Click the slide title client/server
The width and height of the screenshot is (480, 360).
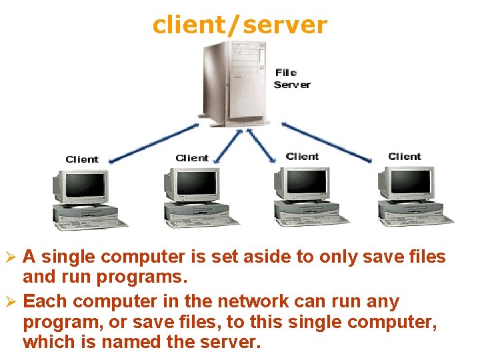[239, 25]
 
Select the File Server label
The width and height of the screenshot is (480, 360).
[292, 79]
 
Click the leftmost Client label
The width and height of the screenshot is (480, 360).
[82, 159]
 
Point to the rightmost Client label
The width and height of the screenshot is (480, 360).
[405, 157]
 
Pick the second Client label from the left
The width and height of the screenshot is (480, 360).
[192, 158]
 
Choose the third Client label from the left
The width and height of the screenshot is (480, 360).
[302, 156]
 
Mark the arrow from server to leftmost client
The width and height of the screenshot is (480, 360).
[153, 143]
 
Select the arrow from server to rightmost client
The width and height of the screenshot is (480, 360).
[327, 141]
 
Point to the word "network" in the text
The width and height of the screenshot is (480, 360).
[250, 301]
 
